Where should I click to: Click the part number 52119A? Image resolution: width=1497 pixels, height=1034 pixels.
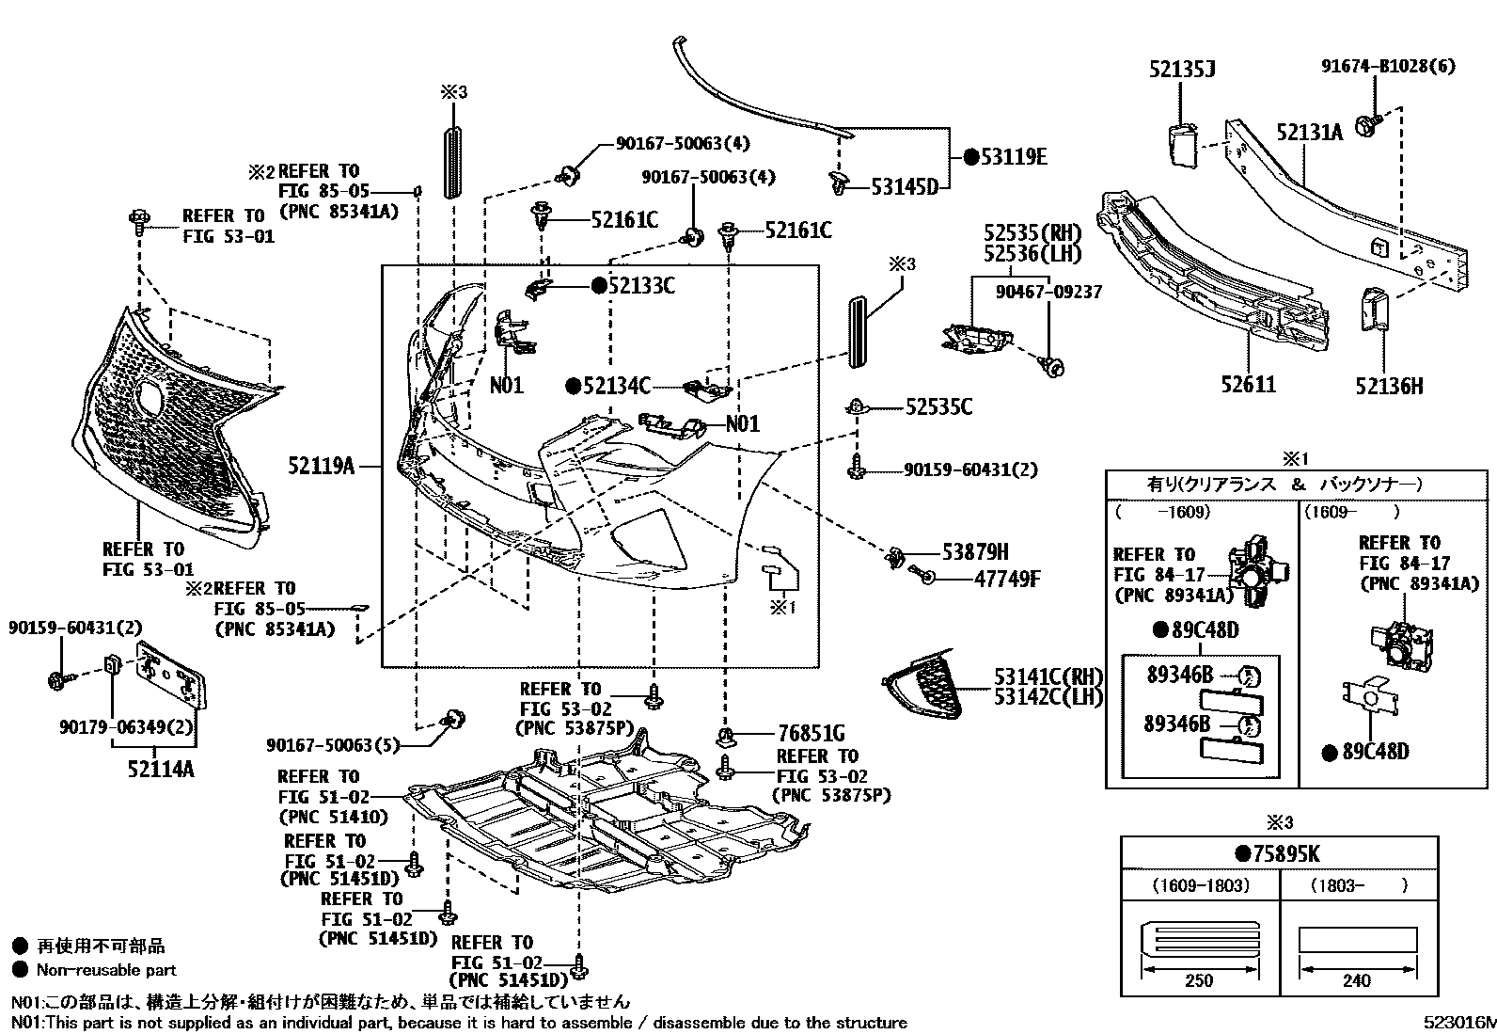pos(321,466)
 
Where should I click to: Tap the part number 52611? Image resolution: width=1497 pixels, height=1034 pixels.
pos(1249,385)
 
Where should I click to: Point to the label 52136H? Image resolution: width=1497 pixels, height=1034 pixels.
pos(1389,386)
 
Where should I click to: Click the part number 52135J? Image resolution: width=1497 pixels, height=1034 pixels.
pos(1182,69)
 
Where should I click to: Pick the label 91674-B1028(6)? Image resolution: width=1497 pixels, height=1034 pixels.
pos(1388,66)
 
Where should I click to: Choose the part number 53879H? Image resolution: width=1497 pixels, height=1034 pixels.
pos(975,551)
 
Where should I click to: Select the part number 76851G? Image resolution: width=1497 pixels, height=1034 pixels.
pos(812,734)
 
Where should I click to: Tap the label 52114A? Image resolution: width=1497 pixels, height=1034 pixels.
pos(161,769)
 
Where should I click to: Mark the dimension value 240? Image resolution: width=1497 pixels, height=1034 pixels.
pos(1356,980)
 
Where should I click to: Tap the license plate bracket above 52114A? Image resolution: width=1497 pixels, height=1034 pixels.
pos(172,675)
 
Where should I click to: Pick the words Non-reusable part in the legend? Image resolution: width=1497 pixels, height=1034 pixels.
pos(106,970)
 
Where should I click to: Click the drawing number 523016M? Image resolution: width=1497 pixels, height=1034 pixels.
pos(1459,1023)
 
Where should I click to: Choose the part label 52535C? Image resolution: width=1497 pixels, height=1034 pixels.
pos(939,407)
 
